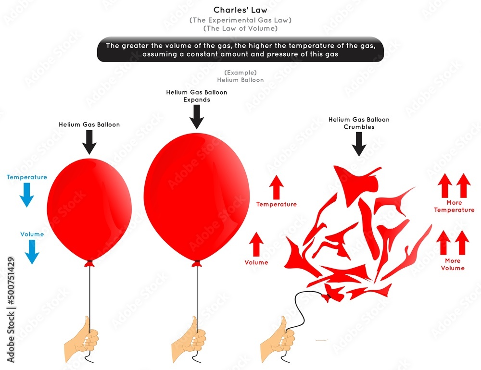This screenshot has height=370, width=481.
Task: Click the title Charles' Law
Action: point(240,10)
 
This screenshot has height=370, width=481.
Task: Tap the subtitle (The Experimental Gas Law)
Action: point(240,20)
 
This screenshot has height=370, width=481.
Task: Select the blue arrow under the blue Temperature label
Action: point(26,195)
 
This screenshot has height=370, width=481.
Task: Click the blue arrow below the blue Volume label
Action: point(32,252)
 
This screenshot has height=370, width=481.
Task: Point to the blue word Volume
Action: point(32,234)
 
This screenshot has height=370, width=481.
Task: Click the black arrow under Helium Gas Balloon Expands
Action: point(197,117)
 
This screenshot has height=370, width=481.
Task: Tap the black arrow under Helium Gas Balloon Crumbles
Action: point(359,144)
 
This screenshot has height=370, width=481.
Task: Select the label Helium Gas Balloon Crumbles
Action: point(359,123)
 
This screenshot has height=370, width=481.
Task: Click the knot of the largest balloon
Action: point(197,264)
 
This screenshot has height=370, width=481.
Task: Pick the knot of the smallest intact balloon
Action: point(89,264)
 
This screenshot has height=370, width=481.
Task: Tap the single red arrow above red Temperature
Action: point(276,187)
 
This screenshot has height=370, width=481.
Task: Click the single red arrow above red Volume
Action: point(256,244)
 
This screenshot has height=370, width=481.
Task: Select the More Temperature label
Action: point(454,206)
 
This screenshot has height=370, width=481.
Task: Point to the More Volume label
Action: point(453,264)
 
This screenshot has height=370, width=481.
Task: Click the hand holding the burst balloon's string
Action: point(278,340)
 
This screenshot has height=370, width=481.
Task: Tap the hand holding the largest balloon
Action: point(189,340)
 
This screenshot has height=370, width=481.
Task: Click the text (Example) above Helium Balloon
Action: point(240,73)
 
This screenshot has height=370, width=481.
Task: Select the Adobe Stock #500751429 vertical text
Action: point(11,309)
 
